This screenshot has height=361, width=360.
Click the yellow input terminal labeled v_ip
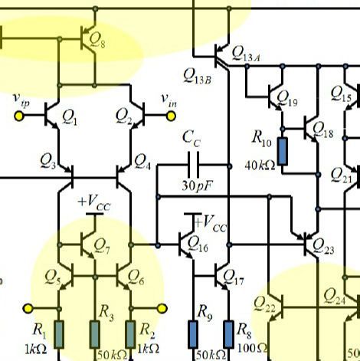pyautogui.click(x=19, y=116)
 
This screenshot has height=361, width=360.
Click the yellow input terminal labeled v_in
pyautogui.click(x=171, y=116)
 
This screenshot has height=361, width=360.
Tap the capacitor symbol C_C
pyautogui.click(x=193, y=165)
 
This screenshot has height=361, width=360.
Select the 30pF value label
pyautogui.click(x=197, y=185)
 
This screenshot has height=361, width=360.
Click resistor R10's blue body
pyautogui.click(x=283, y=151)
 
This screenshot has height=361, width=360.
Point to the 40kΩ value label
pyautogui.click(x=260, y=166)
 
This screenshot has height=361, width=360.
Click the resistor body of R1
pyautogui.click(x=59, y=334)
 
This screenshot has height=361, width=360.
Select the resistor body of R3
pyautogui.click(x=95, y=334)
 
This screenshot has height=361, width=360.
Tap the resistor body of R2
pyautogui.click(x=130, y=334)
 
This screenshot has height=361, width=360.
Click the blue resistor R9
pyautogui.click(x=193, y=334)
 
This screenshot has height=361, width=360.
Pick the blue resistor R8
pyautogui.click(x=228, y=334)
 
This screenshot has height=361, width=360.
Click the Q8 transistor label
pyautogui.click(x=97, y=41)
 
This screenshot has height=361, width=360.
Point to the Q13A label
pyautogui.click(x=246, y=54)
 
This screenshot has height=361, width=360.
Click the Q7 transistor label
pyautogui.click(x=102, y=246)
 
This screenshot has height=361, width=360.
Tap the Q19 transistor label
pyautogui.click(x=287, y=98)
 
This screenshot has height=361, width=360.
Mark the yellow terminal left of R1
pyautogui.click(x=28, y=308)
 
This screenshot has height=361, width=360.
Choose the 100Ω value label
pyautogui.click(x=252, y=348)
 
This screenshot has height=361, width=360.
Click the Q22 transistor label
pyautogui.click(x=264, y=304)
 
